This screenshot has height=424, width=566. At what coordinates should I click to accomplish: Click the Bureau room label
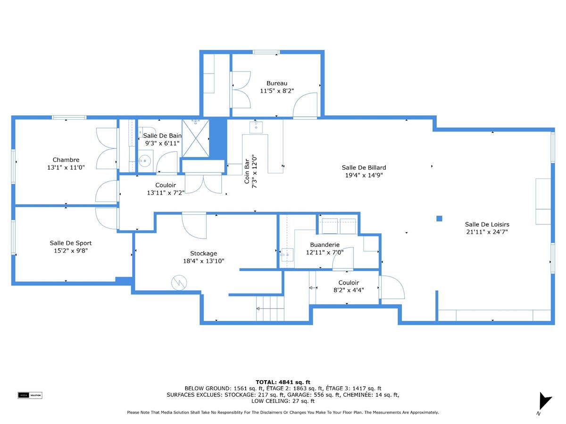point(277,83)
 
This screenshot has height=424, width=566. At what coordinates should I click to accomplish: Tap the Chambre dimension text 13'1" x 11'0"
point(66,167)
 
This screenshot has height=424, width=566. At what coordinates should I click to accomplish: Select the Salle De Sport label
point(70,243)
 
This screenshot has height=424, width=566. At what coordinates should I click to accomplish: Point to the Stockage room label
point(203,253)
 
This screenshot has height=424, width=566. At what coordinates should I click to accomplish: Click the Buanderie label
point(325,245)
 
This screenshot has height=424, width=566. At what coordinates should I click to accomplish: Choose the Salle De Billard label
point(364,167)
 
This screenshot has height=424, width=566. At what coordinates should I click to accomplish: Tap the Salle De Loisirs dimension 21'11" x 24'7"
point(487,232)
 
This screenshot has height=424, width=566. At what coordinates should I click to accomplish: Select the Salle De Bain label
point(162,136)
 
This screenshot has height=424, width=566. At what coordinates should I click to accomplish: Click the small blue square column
point(439,218)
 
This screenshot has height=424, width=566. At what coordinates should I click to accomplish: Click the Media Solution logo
point(30,395)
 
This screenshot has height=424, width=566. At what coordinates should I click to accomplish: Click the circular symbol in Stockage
point(179,283)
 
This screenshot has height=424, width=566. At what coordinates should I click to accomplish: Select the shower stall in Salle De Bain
point(195,138)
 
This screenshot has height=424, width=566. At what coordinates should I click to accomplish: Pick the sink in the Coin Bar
point(256,127)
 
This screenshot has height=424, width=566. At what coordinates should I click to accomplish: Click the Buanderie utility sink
point(286,255)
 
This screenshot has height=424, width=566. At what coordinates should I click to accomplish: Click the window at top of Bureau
point(266,52)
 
